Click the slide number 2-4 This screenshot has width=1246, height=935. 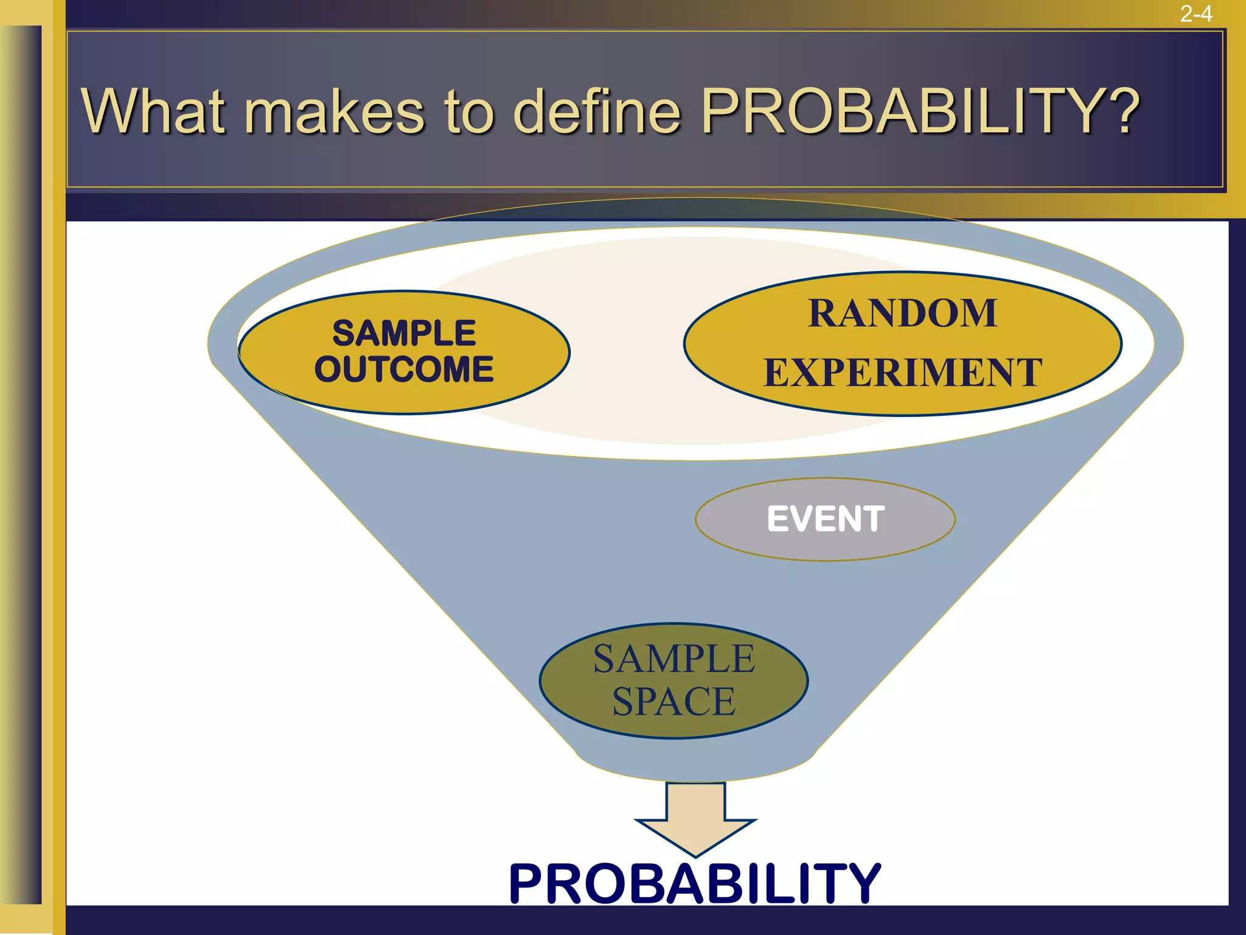point(1196,13)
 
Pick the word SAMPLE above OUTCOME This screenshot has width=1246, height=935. point(404,333)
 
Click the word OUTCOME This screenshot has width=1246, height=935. point(404,369)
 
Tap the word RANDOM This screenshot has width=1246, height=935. point(902,313)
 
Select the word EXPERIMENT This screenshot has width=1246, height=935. point(902,373)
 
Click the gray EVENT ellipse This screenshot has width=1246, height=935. point(825,519)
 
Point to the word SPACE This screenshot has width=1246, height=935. point(673,701)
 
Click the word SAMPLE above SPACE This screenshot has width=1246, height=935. point(673,659)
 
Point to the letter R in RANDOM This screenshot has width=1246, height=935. point(822,313)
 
